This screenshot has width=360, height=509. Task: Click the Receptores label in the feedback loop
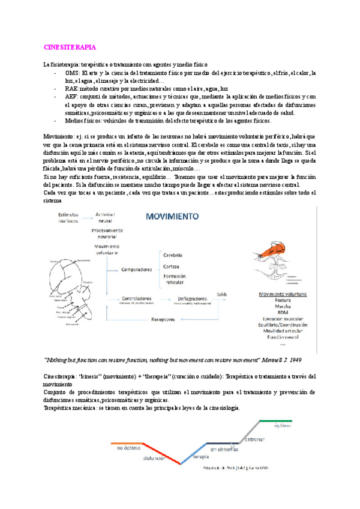click(x=164, y=320)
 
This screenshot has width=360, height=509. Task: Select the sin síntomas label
click(x=223, y=448)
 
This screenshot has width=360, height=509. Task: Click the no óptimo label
click(x=128, y=448)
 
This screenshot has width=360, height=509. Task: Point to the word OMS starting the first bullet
click(x=73, y=73)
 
